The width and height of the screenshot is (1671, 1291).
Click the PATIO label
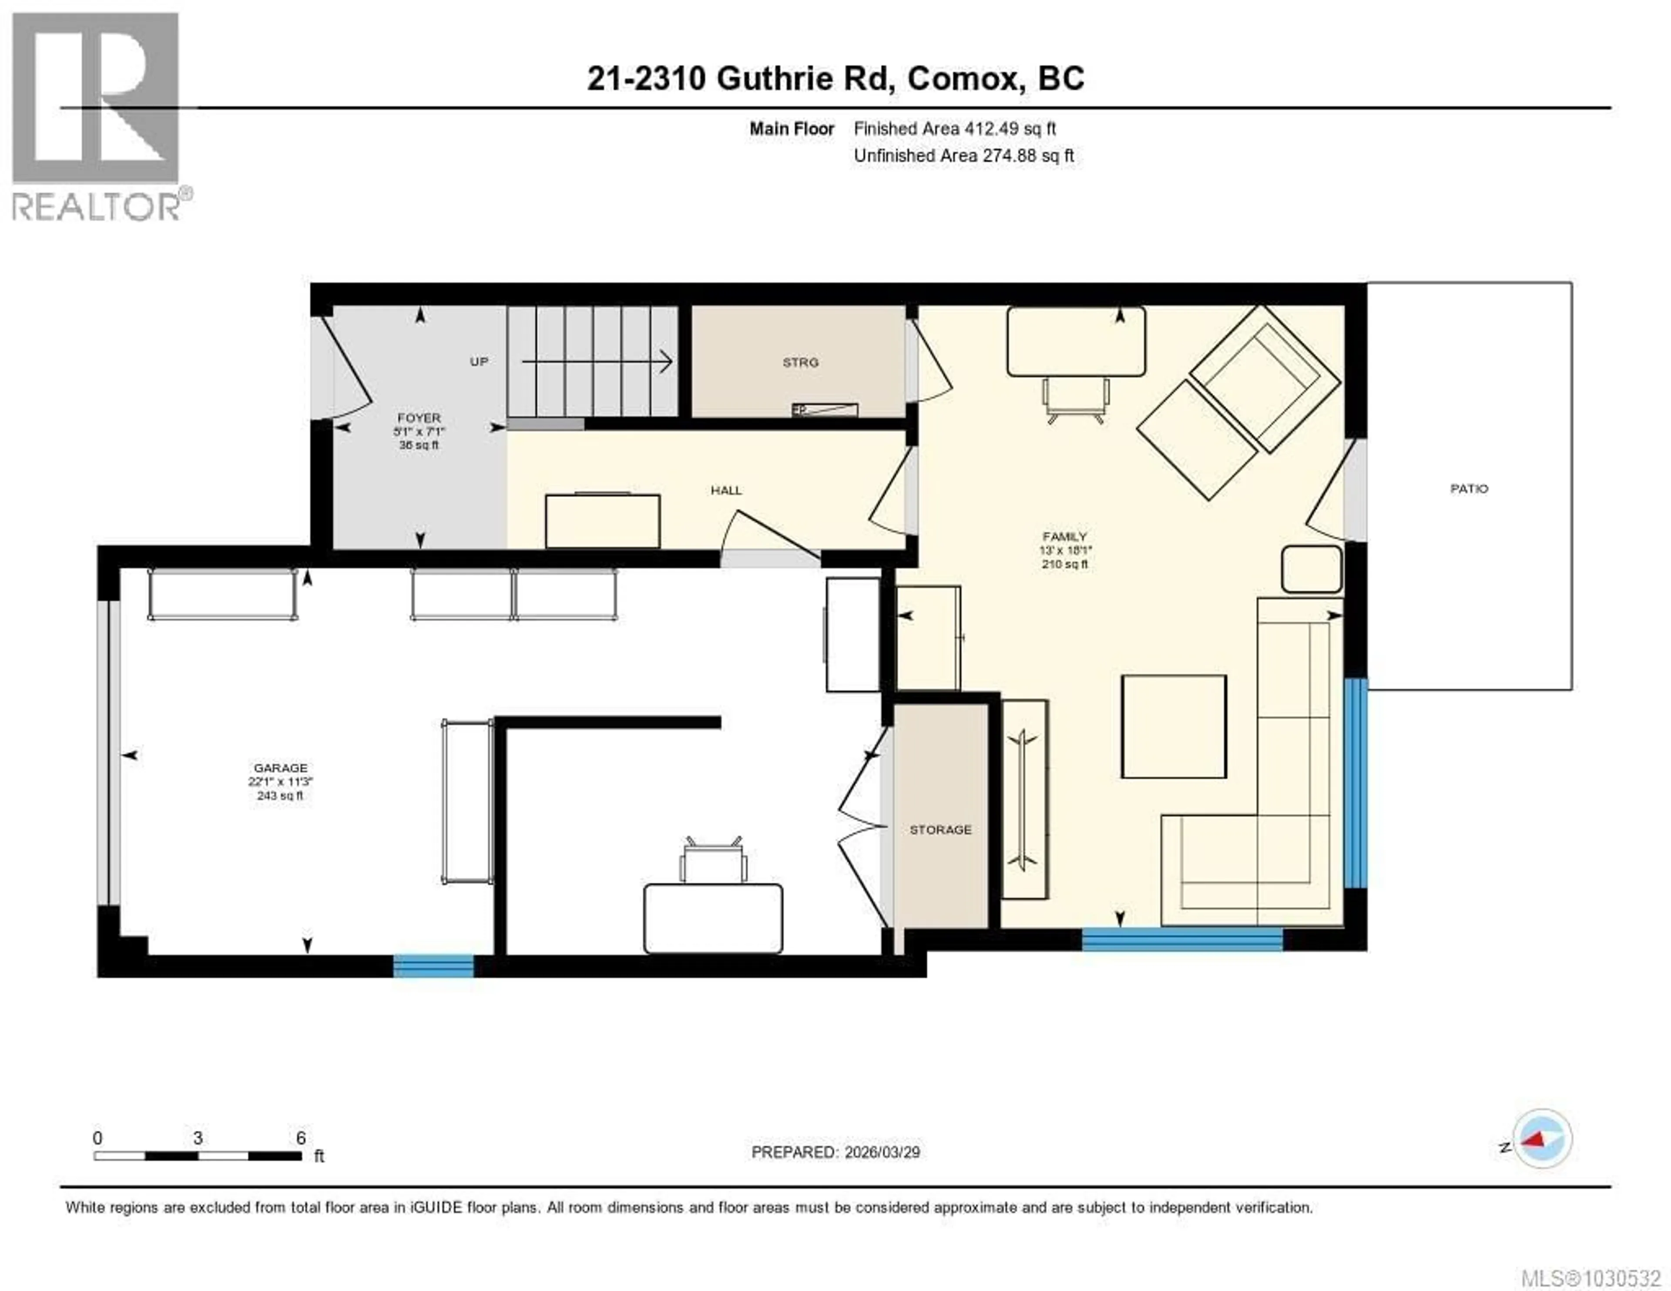[1469, 488]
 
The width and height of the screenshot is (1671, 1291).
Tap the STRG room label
[800, 362]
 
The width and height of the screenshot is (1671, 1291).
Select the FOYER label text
[419, 418]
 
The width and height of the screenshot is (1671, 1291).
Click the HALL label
[726, 490]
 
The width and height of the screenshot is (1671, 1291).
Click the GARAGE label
[280, 767]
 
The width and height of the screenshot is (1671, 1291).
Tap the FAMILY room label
[1064, 536]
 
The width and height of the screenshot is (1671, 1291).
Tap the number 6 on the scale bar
[301, 1138]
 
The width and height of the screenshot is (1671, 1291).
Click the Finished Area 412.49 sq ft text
[954, 128]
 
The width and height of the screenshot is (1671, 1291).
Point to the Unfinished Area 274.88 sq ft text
[963, 155]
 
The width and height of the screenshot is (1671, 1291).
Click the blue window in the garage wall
[433, 966]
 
